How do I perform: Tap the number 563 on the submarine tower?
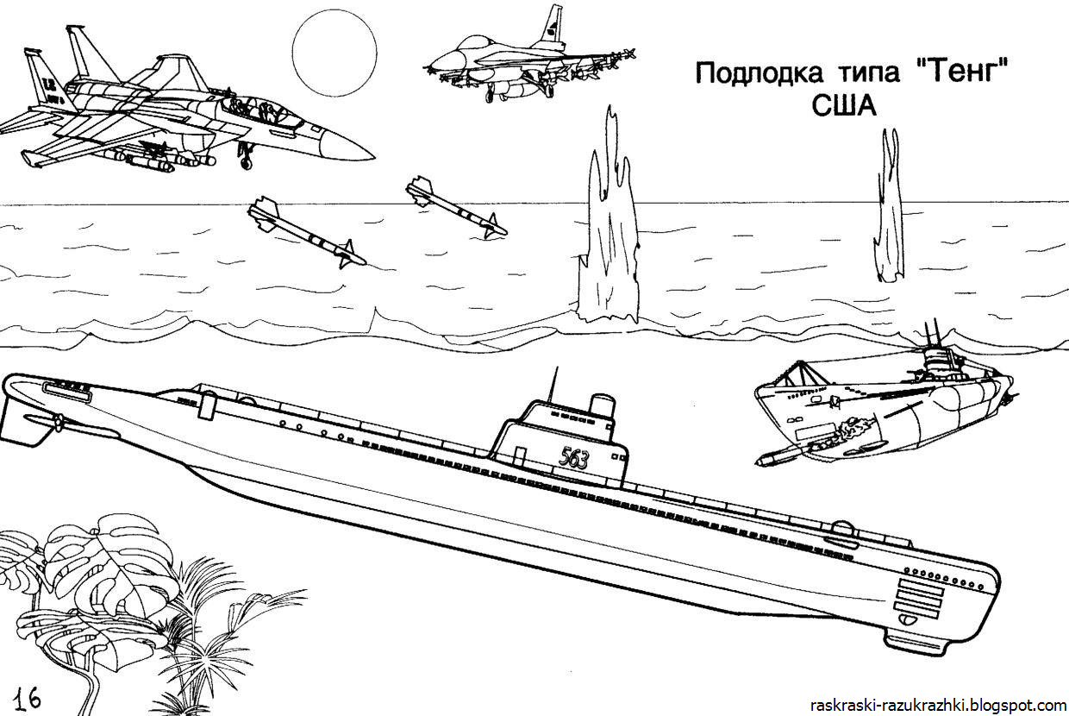pyautogui.click(x=573, y=458)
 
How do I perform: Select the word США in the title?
pyautogui.click(x=843, y=106)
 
